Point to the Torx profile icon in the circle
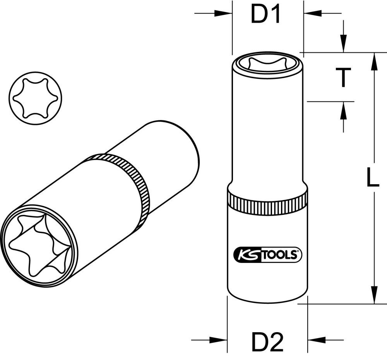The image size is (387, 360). pyautogui.click(x=30, y=98)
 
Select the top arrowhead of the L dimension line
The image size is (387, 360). pyautogui.click(x=374, y=60)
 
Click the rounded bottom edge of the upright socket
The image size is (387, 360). pyautogui.click(x=267, y=300)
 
